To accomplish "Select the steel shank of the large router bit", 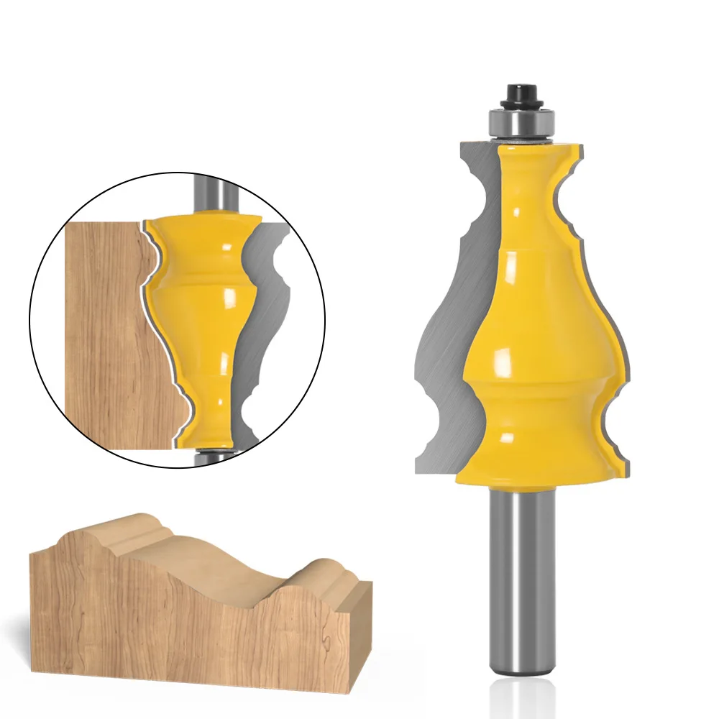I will pyautogui.click(x=515, y=575).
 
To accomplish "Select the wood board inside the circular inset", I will pyautogui.click(x=101, y=338).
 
